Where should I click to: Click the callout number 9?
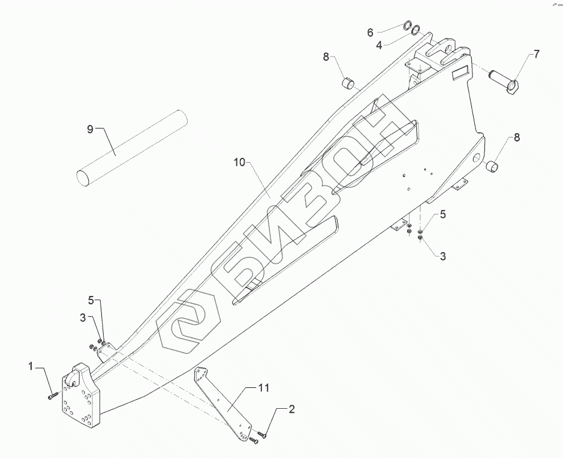coord(91,129)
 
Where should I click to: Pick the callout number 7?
coord(536,54)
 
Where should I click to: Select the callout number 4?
coord(379,44)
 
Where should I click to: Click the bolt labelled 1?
coord(52,395)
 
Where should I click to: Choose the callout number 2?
coord(291,410)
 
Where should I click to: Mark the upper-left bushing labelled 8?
coord(347,82)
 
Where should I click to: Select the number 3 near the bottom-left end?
coord(83,318)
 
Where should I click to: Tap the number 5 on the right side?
coord(443,214)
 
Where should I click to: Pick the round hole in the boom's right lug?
coord(476,157)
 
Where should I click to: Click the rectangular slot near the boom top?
coord(462,73)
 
